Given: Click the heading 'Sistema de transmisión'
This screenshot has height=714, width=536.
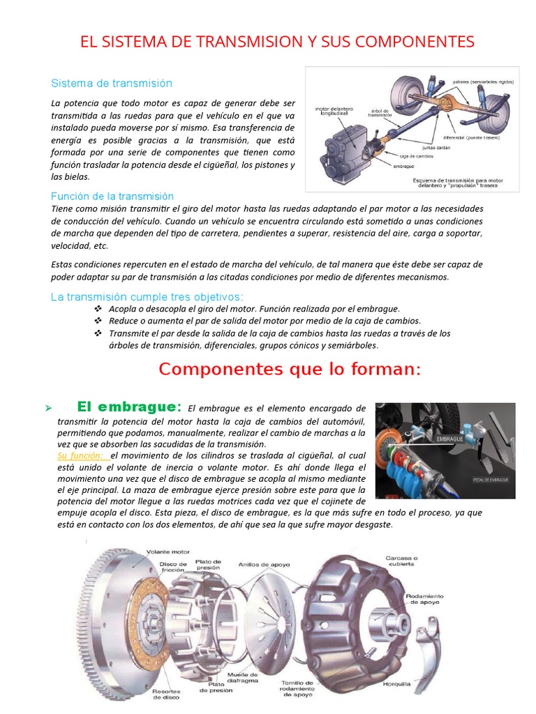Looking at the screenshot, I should click(112, 83).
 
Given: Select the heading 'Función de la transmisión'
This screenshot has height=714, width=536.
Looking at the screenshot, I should click(112, 197).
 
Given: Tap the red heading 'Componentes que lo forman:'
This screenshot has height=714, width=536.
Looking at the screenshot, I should click(290, 370).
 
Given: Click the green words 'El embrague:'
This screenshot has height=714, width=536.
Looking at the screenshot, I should click(129, 407).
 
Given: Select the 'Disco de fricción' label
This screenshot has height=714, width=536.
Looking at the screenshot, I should click(173, 568).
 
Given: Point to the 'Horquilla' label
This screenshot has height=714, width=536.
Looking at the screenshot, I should click(397, 684).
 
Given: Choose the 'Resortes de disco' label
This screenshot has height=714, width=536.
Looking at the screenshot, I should click(167, 697).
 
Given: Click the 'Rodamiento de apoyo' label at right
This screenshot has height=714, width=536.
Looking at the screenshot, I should click(424, 600).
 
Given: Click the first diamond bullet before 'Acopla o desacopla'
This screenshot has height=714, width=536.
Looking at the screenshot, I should click(98, 308).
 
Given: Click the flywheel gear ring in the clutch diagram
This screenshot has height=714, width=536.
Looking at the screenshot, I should click(105, 572).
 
